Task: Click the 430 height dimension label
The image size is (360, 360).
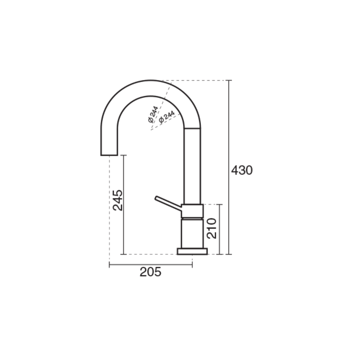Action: tap(242, 171)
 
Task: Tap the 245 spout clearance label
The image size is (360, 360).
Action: tap(118, 200)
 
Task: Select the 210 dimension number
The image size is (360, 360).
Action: tap(211, 229)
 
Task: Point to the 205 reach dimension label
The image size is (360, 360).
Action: tap(151, 272)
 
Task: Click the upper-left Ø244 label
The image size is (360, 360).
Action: tap(153, 114)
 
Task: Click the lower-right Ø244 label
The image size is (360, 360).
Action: tap(167, 117)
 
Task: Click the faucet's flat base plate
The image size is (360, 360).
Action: tap(193, 252)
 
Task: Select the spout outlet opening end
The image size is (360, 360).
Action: tap(109, 155)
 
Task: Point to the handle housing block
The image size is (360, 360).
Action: tap(192, 211)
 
